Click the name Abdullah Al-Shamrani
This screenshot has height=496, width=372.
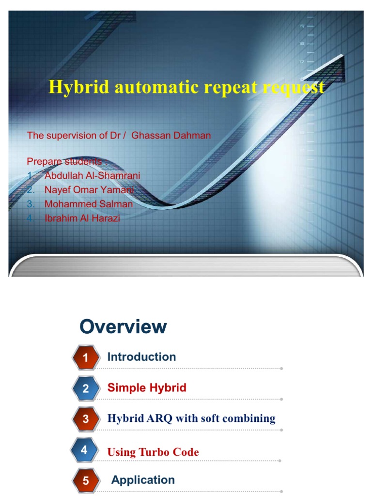tap(92, 175)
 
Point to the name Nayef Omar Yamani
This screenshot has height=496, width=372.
tap(89, 190)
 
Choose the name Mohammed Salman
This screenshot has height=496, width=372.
tap(89, 204)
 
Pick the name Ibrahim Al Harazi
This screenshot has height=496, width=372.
tap(82, 218)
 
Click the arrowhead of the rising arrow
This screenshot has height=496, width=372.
tap(334, 68)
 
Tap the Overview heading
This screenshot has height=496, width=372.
tap(123, 327)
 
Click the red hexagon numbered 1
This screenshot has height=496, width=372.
tap(86, 358)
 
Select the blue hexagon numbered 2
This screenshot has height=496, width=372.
tap(86, 388)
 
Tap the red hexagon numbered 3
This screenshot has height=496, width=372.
tap(86, 419)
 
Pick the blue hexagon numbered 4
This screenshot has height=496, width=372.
tap(84, 450)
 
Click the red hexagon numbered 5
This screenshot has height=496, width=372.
tap(86, 481)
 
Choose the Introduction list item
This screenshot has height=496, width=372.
tap(141, 357)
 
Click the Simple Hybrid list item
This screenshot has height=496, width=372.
tap(147, 387)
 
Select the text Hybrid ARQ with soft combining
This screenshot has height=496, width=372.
tap(191, 418)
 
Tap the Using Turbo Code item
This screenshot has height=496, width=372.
tap(153, 452)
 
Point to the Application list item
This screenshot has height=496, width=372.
tap(143, 480)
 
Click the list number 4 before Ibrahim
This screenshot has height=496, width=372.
tap(30, 218)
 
